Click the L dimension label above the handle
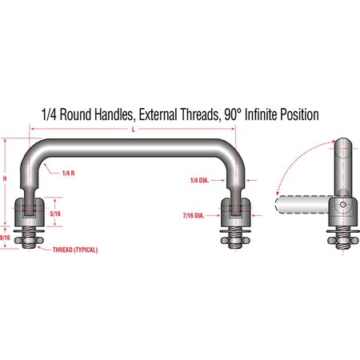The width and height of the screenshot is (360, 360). [x=134, y=130]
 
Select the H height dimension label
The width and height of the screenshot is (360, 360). [x=5, y=178]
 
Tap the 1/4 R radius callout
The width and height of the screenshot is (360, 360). [x=68, y=174]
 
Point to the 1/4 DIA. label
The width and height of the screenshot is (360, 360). [x=199, y=181]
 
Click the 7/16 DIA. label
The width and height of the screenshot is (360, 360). [x=194, y=215]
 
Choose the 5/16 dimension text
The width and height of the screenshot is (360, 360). [x=55, y=214]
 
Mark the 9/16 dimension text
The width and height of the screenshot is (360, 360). [x=5, y=238]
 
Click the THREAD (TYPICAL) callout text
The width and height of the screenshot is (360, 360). [x=75, y=250]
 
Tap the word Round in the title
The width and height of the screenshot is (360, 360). [x=75, y=114]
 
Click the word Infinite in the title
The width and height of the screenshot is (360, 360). [x=260, y=114]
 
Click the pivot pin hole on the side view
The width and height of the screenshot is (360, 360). [x=343, y=205]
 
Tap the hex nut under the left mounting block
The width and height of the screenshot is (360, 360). [x=29, y=241]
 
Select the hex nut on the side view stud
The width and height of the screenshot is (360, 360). [x=343, y=241]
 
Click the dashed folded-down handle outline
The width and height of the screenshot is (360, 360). [x=302, y=205]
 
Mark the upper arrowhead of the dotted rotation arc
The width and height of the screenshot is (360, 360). [x=334, y=141]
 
